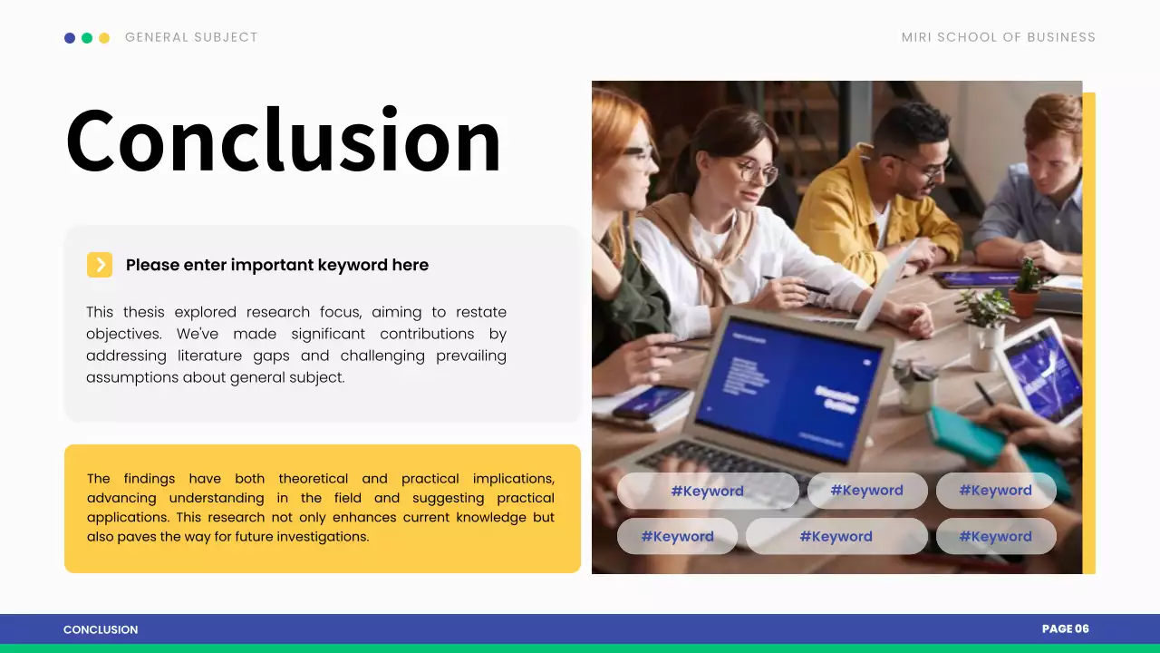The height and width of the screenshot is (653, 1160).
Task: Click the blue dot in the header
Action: point(70,38)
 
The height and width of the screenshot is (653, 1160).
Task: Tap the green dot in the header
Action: point(87,38)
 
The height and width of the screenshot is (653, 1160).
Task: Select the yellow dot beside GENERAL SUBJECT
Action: point(104,38)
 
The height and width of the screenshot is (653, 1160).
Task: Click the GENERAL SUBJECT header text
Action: point(191,37)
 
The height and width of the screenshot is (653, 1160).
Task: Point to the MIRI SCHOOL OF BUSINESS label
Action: point(998,37)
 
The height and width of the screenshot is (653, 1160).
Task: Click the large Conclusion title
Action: point(283,141)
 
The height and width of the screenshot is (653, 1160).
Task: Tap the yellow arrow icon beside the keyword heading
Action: point(100,265)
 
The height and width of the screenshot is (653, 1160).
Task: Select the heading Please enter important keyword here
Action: point(276,265)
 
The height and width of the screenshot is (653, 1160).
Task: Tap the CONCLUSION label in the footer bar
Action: point(101,629)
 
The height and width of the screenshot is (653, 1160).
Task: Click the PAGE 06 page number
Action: point(1065,629)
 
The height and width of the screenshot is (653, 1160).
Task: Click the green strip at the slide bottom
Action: point(580,648)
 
